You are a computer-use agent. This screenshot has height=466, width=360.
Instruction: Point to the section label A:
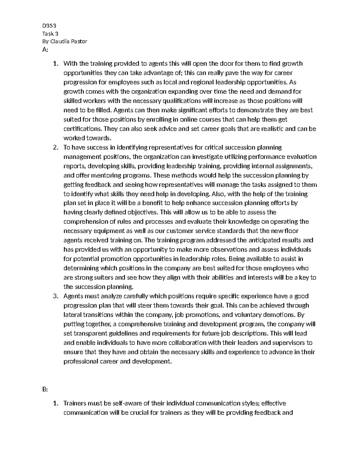pos(45,50)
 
